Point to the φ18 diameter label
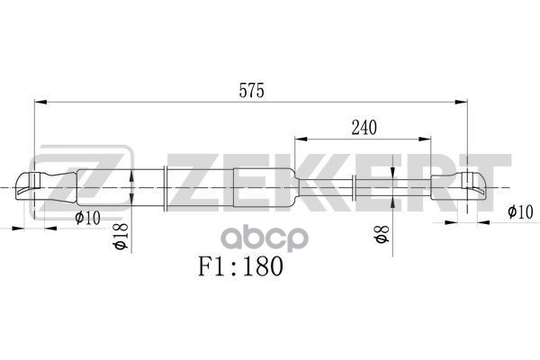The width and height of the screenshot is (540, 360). [121, 236]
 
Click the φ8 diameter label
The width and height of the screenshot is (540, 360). [381, 237]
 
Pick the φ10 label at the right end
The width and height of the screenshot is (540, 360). [520, 211]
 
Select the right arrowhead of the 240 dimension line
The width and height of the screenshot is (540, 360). [427, 139]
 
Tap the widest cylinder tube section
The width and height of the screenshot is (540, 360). [229, 187]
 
